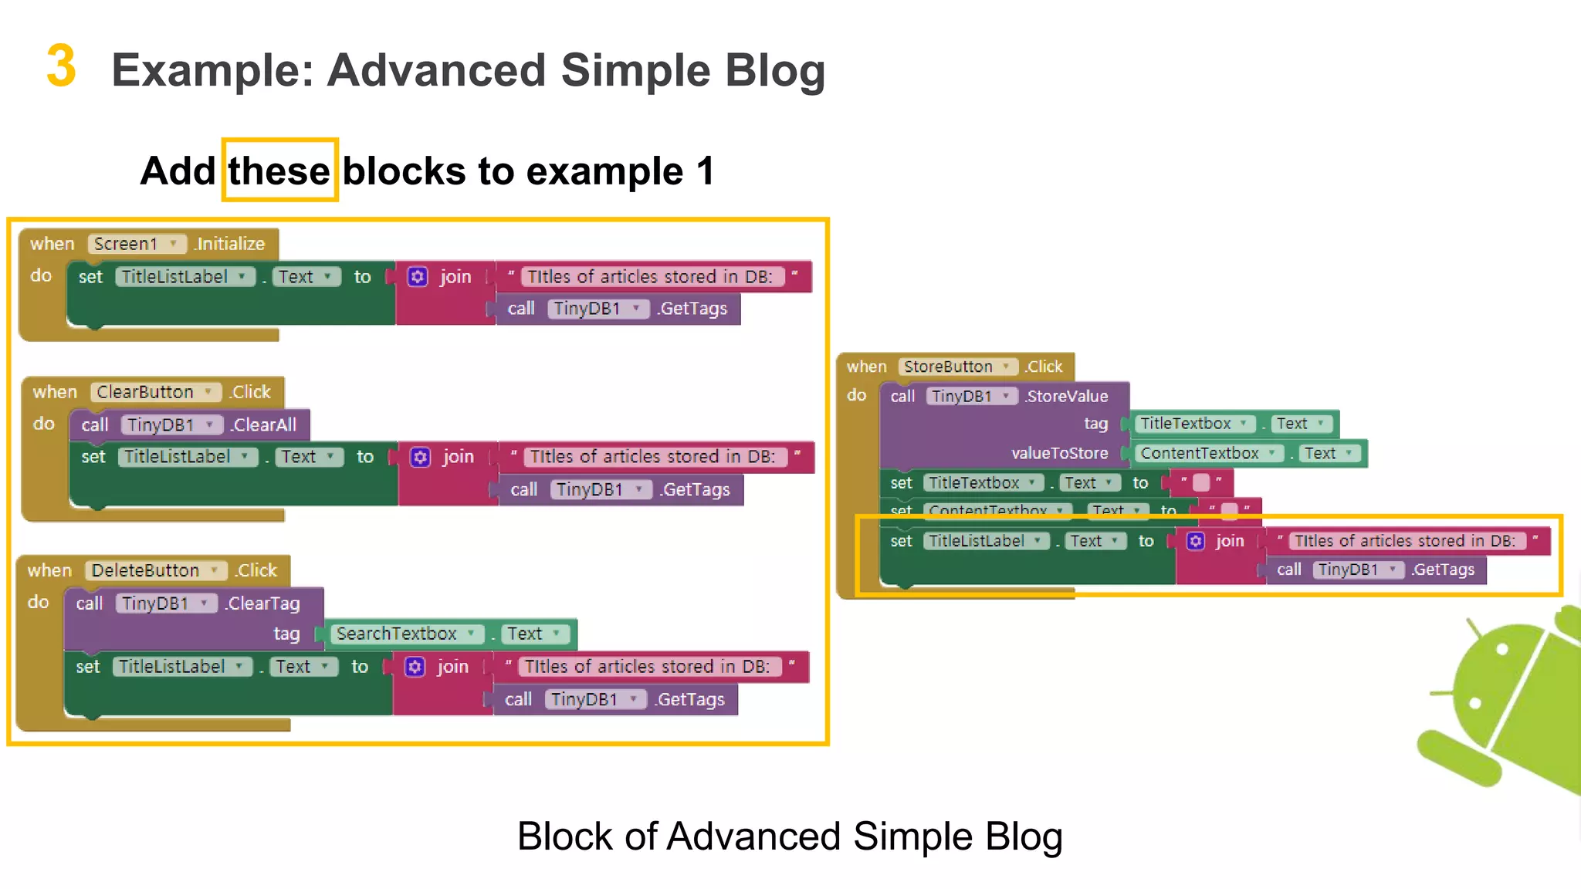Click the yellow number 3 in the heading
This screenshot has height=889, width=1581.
tap(61, 66)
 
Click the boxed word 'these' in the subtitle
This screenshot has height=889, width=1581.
tap(279, 171)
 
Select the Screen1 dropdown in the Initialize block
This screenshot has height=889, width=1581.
tap(136, 244)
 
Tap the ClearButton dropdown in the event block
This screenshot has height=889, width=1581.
tap(154, 392)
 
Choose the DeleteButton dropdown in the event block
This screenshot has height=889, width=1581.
tap(154, 570)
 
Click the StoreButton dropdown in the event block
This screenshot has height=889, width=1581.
tap(957, 367)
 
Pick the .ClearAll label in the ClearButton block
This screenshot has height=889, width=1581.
tap(264, 425)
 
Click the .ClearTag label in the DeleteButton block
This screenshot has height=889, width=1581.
tap(262, 603)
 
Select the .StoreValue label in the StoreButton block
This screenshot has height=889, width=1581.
tap(1067, 397)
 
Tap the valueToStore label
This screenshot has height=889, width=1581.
tap(1059, 454)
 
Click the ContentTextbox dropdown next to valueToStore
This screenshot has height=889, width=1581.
tap(1208, 454)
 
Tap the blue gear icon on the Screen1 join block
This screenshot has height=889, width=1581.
tap(418, 277)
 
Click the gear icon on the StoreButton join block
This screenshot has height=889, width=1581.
tap(1195, 541)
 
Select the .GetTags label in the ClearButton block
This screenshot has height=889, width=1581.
tap(696, 490)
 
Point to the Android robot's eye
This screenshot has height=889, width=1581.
tap(1501, 649)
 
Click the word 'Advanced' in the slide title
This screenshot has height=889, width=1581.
tap(437, 70)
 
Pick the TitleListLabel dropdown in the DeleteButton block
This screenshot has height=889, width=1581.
tap(182, 667)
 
